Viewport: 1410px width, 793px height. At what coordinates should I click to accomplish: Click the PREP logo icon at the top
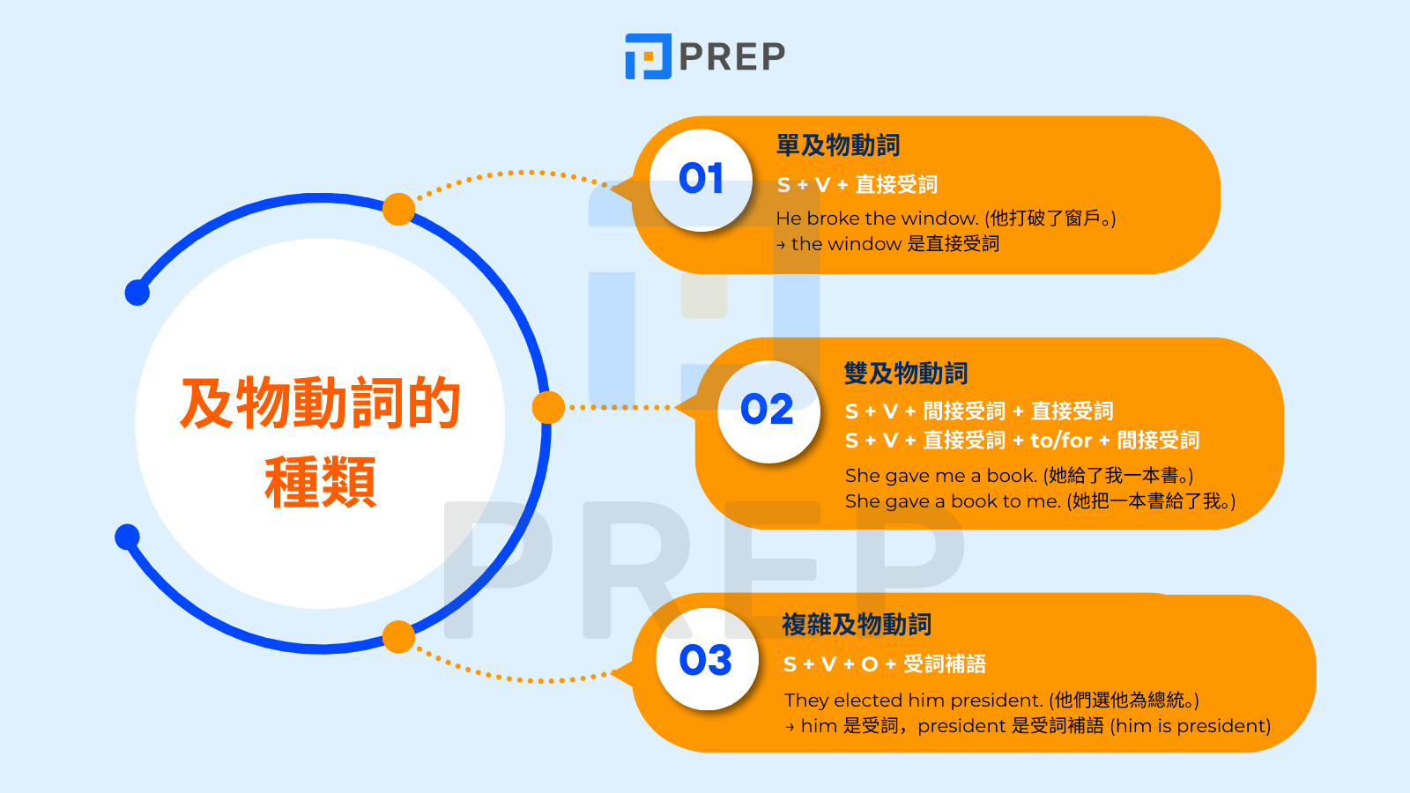click(648, 56)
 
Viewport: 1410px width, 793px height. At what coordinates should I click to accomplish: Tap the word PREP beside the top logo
click(731, 57)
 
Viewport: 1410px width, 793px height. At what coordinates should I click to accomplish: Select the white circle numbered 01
click(701, 180)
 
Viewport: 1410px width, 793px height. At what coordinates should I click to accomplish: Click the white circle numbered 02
click(768, 411)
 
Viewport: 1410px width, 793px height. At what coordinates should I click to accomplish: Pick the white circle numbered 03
click(706, 660)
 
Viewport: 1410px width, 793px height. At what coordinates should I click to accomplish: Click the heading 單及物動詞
click(837, 145)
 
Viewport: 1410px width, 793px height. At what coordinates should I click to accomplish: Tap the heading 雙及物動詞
click(905, 374)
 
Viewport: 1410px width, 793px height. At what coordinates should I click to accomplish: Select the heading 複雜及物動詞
click(856, 625)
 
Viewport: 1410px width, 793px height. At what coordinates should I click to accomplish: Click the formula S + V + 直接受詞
click(857, 185)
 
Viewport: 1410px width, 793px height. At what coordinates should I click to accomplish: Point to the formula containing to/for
click(1021, 441)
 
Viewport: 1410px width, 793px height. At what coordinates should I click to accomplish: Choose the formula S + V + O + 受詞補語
click(884, 664)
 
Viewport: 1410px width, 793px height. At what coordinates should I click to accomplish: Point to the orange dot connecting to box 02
click(548, 408)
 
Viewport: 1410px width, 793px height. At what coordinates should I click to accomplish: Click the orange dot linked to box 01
click(398, 210)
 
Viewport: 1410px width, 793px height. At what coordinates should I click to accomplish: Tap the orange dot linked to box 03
click(398, 637)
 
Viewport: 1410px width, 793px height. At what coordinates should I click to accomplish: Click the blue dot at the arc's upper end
click(137, 293)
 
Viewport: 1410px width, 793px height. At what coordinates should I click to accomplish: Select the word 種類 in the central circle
click(320, 483)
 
